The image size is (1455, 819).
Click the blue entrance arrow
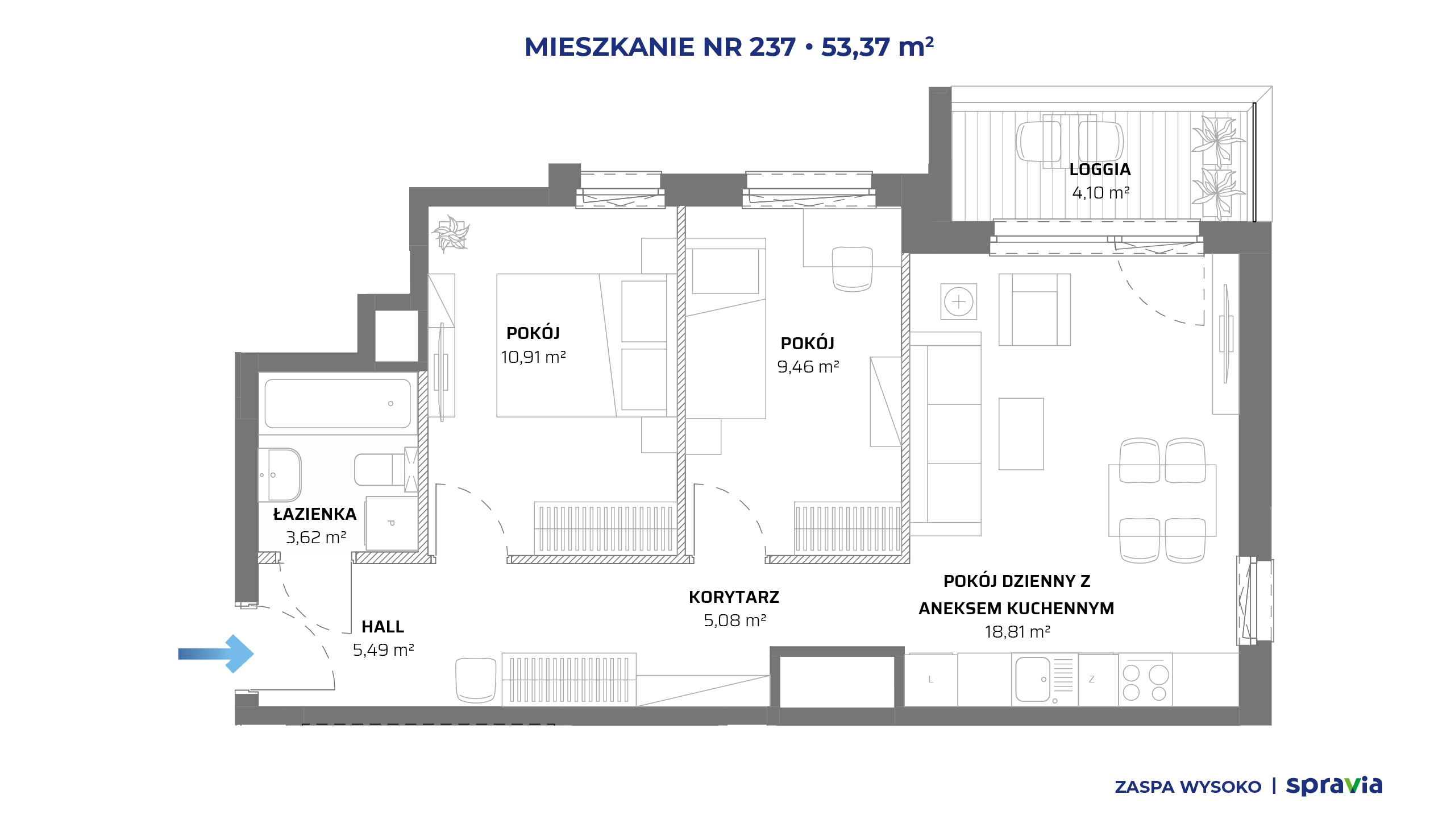(216, 654)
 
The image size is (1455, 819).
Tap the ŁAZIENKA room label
(315, 514)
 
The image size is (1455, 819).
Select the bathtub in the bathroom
(338, 403)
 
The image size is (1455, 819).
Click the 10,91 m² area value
(533, 357)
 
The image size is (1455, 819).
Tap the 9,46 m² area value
(808, 367)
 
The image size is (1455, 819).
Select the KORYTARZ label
(734, 597)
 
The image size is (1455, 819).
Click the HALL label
(383, 627)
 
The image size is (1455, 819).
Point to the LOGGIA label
(1100, 169)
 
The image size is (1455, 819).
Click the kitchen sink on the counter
(1033, 679)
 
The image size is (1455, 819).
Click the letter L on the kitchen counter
(930, 679)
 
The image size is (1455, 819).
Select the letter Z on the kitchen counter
(1091, 679)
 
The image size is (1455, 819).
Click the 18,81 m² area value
(1017, 632)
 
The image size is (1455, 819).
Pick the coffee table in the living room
(1021, 434)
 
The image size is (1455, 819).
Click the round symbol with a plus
(959, 301)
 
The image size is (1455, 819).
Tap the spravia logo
(1334, 786)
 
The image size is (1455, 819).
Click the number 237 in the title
(772, 47)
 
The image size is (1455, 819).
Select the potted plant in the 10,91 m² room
(451, 234)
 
